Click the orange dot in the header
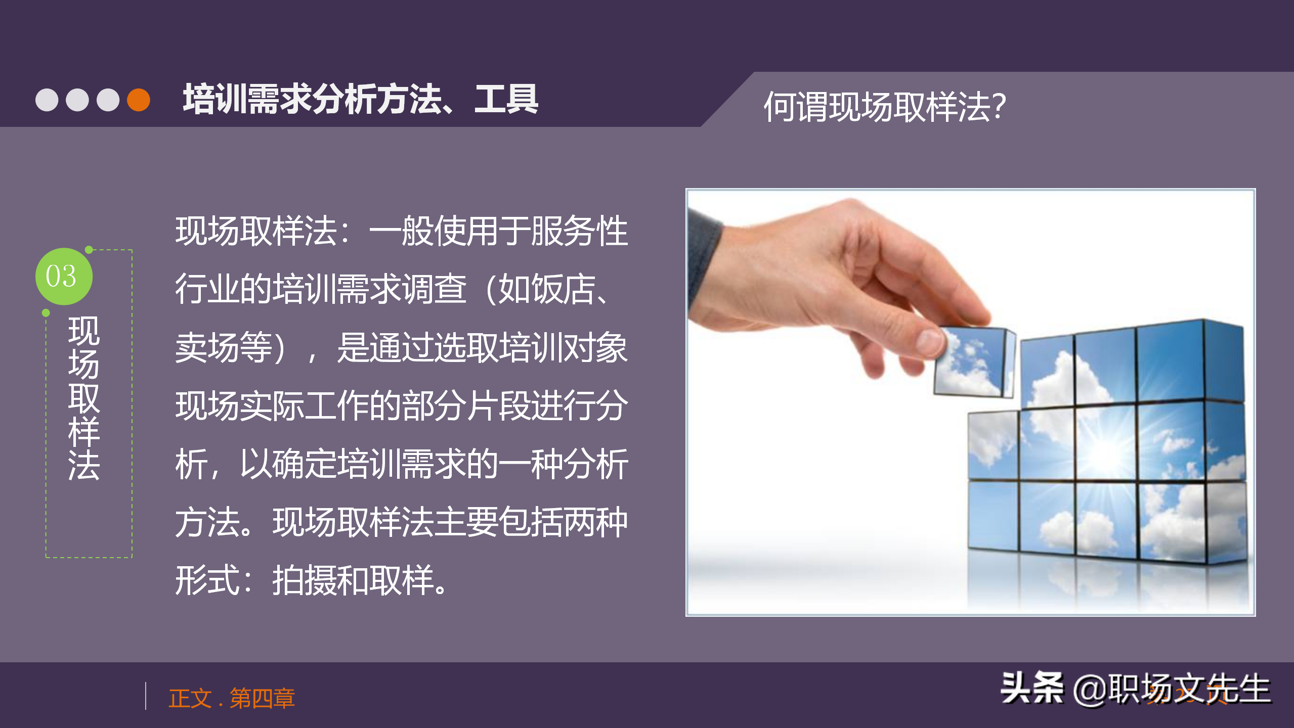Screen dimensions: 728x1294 [138, 100]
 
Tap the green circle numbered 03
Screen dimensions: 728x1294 [64, 277]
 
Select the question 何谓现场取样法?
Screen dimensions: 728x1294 [884, 107]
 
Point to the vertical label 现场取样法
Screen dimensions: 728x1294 [84, 398]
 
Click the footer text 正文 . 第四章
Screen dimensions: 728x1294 [232, 698]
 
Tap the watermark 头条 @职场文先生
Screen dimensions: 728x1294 [1135, 689]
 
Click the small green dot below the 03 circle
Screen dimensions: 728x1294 [46, 313]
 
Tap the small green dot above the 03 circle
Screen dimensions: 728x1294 [89, 249]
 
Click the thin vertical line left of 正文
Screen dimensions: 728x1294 [146, 696]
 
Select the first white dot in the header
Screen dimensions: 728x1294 [47, 100]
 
